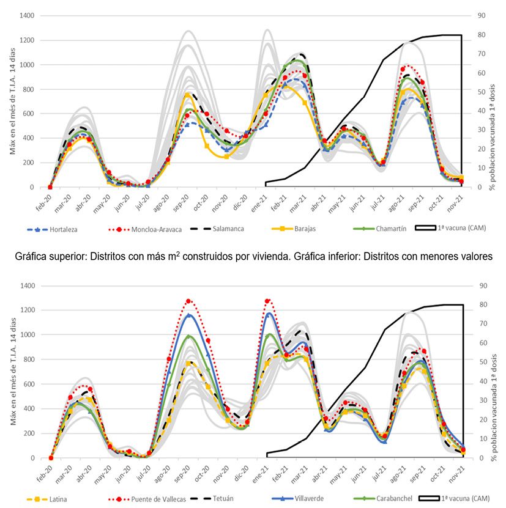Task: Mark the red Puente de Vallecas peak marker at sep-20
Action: pos(188,301)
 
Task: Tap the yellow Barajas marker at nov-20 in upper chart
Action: pos(226,156)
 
